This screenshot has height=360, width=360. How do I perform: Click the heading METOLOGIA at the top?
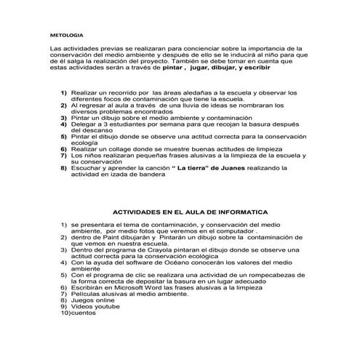66,34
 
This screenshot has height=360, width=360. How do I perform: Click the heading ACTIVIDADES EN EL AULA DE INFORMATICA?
185,212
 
